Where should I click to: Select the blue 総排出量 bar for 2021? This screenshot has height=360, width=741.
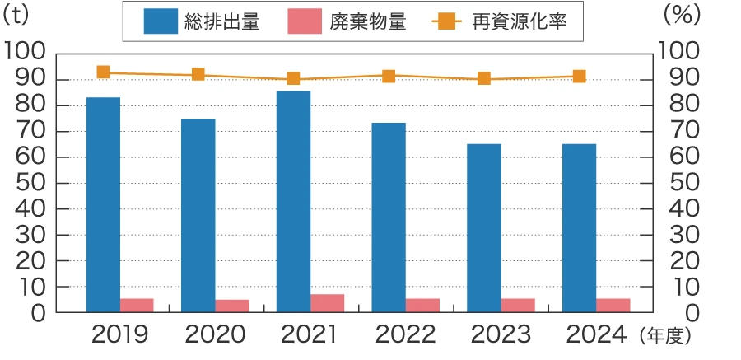293,201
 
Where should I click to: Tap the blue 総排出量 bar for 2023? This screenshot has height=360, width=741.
484,228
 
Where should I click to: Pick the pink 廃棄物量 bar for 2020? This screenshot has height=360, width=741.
232,306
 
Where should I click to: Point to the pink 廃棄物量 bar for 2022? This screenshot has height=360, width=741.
422,305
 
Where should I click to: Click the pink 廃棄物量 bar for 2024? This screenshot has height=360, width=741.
613,305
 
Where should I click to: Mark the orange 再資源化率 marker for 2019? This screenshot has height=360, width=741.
103,72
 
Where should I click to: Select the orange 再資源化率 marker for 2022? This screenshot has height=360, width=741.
389,76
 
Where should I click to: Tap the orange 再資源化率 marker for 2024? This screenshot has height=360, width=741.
579,77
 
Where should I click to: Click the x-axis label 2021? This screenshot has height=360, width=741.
310,334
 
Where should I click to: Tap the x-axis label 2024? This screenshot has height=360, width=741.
595,334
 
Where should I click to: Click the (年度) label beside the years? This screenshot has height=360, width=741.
664,336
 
